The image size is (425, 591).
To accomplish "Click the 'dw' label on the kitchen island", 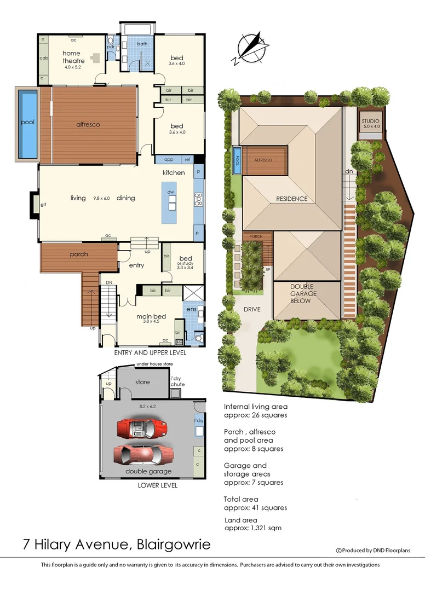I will [x=171, y=193].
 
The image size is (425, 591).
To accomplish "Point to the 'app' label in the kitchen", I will [x=169, y=160].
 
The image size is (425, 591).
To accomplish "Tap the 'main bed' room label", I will [x=151, y=316].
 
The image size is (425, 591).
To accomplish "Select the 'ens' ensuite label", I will [x=192, y=309].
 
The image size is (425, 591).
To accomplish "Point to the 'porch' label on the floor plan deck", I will [x=79, y=254].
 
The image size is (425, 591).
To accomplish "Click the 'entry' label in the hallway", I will [x=136, y=265].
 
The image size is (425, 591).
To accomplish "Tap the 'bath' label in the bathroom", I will [x=142, y=44].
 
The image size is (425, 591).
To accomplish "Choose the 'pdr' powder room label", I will [x=110, y=47].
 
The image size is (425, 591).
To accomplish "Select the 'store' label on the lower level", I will [x=142, y=382].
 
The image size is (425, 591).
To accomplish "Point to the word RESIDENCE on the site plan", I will [x=291, y=199].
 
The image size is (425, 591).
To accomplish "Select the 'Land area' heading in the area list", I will [x=241, y=520].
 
